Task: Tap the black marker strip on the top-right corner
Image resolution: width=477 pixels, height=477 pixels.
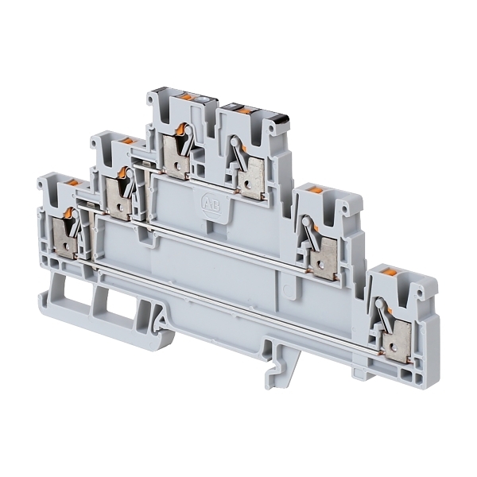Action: pos(280,118)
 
